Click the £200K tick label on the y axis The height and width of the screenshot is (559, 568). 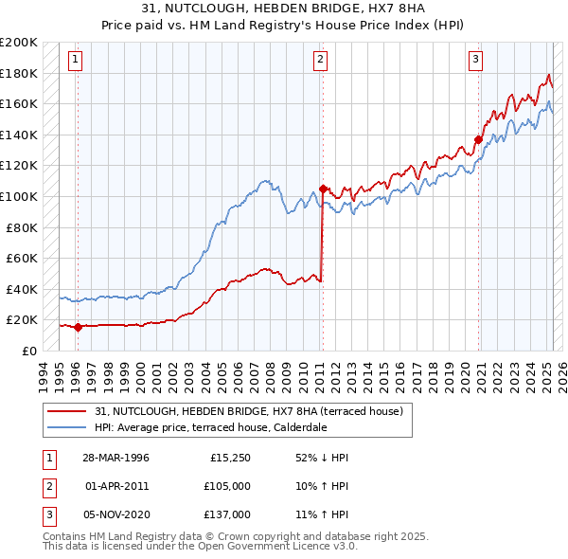pos(19,43)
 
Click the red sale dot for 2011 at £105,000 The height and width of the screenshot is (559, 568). pos(323,189)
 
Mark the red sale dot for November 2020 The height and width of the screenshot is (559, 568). pos(478,140)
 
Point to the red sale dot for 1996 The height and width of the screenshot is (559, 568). pos(78,328)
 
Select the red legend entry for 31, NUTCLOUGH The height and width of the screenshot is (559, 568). pos(249,411)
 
